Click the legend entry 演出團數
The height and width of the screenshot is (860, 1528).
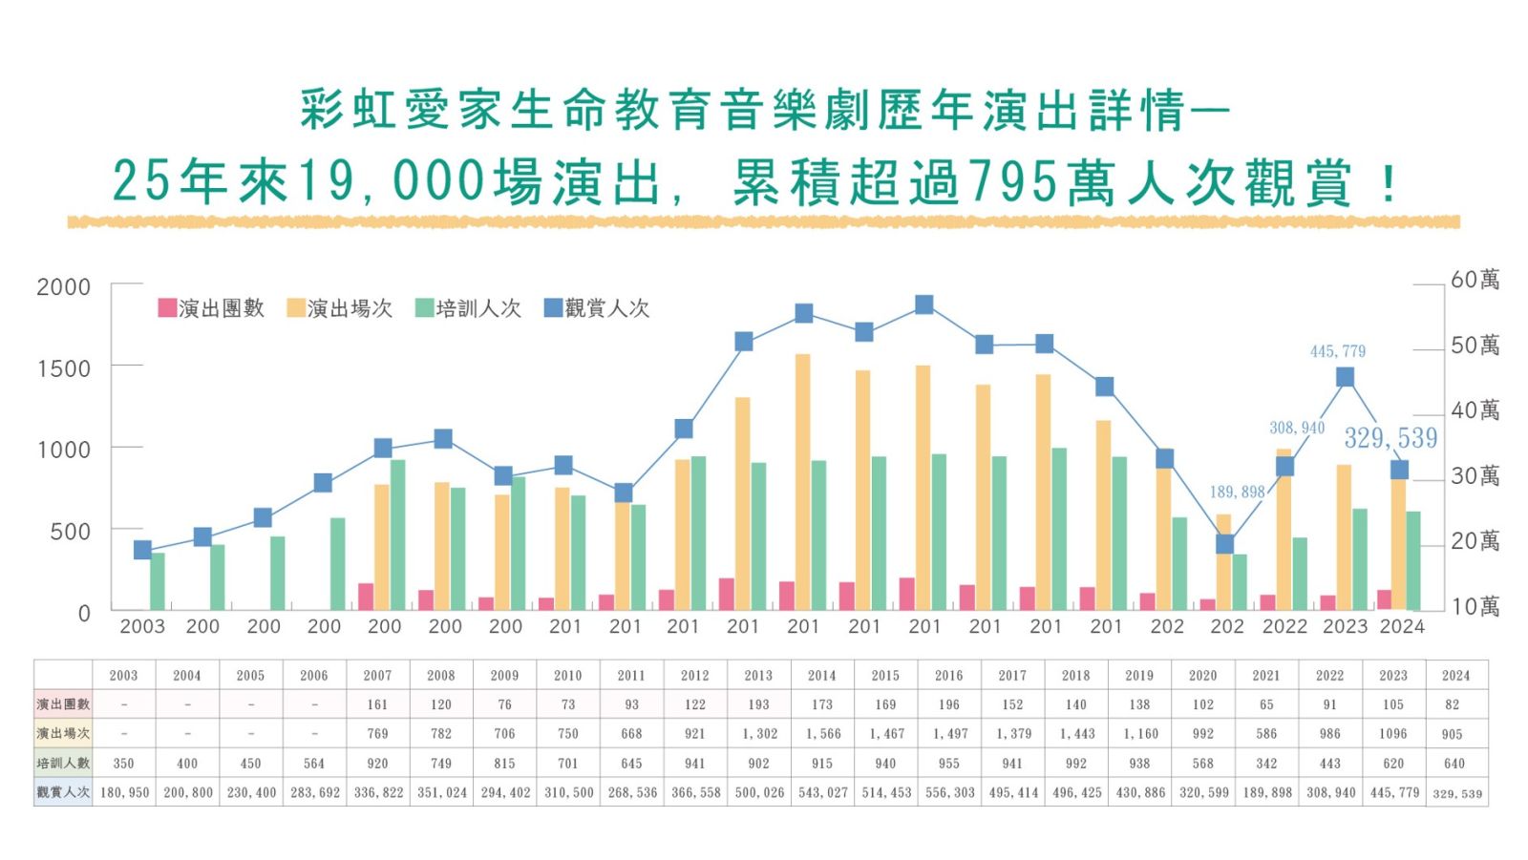(211, 308)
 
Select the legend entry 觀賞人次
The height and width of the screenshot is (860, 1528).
(597, 308)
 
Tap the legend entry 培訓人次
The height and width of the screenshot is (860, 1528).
(468, 308)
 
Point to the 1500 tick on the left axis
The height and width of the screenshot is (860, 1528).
(64, 368)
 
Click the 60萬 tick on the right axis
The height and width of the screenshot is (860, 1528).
(1475, 280)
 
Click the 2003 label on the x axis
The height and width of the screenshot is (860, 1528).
(142, 626)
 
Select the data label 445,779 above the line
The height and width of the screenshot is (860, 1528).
(1337, 351)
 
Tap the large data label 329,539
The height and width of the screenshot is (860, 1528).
(1390, 438)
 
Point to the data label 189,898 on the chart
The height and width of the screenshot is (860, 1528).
(1237, 492)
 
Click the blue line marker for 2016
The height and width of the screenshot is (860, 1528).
(923, 304)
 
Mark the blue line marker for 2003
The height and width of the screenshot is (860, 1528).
(142, 550)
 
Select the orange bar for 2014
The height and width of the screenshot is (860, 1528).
(802, 482)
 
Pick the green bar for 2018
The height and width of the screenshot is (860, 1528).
(1059, 529)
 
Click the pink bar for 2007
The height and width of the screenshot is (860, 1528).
(366, 597)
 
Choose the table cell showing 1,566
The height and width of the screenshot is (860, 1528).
(822, 734)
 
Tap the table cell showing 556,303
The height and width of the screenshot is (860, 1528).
(949, 792)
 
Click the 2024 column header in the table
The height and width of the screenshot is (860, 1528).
(1455, 675)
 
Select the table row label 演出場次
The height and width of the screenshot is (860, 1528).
(63, 734)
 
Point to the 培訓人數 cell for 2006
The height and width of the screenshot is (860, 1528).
(314, 764)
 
